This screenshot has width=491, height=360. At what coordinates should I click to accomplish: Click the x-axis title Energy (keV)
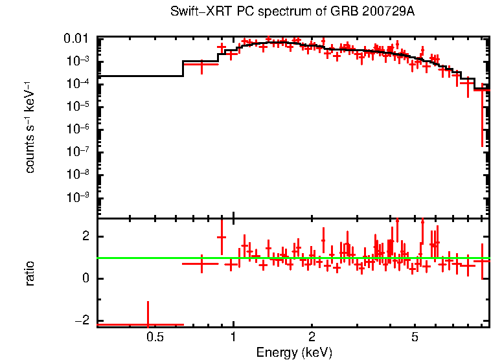[x=294, y=352]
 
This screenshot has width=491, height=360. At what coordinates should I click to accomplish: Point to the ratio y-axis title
[x=30, y=273]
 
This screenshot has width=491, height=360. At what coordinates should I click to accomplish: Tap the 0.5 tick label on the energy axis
[x=154, y=337]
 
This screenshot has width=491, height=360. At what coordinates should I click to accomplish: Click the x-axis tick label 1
[x=233, y=337]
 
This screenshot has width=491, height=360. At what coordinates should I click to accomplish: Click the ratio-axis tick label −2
[x=82, y=322]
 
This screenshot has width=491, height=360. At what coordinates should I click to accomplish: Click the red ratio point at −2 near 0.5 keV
[x=148, y=324]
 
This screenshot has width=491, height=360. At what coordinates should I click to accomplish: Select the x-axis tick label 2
[x=312, y=337]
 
